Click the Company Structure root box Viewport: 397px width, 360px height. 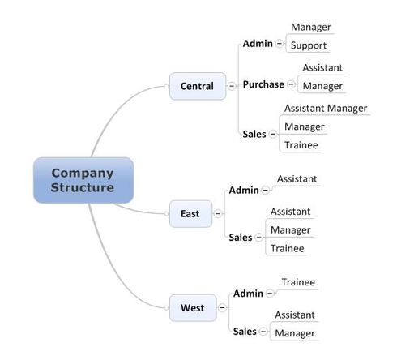pyautogui.click(x=83, y=180)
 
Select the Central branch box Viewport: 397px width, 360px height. pyautogui.click(x=198, y=86)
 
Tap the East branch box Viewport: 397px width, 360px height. pyautogui.click(x=190, y=214)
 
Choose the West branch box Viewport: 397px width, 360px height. pyautogui.click(x=193, y=308)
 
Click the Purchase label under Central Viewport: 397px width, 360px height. pyautogui.click(x=263, y=84)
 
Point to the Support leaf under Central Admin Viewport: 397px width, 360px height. pyautogui.click(x=309, y=45)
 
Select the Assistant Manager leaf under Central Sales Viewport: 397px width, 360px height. pyautogui.click(x=326, y=109)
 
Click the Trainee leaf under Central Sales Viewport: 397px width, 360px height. pyautogui.click(x=301, y=145)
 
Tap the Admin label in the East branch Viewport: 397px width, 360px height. pyautogui.click(x=244, y=191)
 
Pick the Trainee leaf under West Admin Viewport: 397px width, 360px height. pyautogui.click(x=298, y=282)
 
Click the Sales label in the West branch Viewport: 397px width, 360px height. pyautogui.click(x=245, y=332)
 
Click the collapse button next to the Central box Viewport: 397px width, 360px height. pyautogui.click(x=232, y=86)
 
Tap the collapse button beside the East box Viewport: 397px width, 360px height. pyautogui.click(x=218, y=214)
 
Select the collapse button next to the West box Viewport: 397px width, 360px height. pyautogui.click(x=222, y=308)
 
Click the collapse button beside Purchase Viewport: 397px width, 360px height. pyautogui.click(x=291, y=84)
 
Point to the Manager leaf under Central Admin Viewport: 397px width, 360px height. pyautogui.click(x=311, y=27)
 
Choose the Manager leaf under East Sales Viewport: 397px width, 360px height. pyautogui.click(x=290, y=230)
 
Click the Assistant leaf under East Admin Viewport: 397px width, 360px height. pyautogui.click(x=297, y=179)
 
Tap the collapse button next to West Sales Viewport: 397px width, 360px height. pyautogui.click(x=263, y=332)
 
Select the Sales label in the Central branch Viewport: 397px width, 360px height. pyautogui.click(x=254, y=134)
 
